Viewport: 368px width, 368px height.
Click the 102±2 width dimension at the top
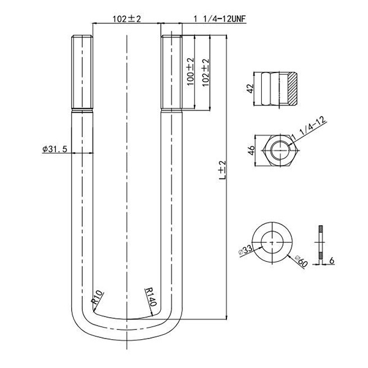coord(127,20)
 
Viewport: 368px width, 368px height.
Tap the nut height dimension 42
coord(250,88)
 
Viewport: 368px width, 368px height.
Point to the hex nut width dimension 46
coord(250,151)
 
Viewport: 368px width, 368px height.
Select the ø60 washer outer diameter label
coord(301,261)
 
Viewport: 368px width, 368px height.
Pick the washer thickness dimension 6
coord(331,261)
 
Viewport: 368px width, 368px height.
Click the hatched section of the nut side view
coord(293,88)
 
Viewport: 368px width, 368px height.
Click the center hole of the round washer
coord(271,242)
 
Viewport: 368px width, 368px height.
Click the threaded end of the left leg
coord(83,74)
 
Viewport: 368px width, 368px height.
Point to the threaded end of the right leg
coord(171,74)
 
